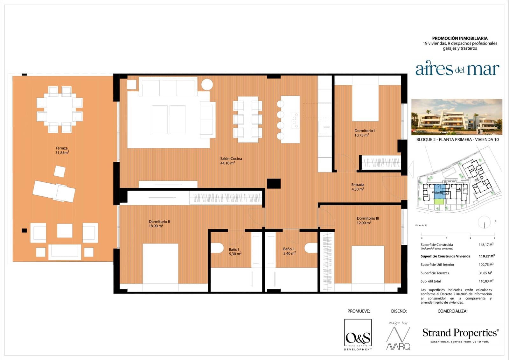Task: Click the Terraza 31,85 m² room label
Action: coord(62,150)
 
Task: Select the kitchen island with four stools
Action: coord(290,119)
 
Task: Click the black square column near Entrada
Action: coord(274,184)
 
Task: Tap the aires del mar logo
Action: coord(457,69)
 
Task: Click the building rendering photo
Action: coord(457,117)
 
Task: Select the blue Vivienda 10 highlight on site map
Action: coord(440,192)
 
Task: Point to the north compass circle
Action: coord(484,222)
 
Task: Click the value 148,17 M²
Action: coord(486,245)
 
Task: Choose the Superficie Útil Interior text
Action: coord(437,265)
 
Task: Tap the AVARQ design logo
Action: coord(398,337)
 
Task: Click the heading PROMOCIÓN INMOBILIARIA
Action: coord(460,38)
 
